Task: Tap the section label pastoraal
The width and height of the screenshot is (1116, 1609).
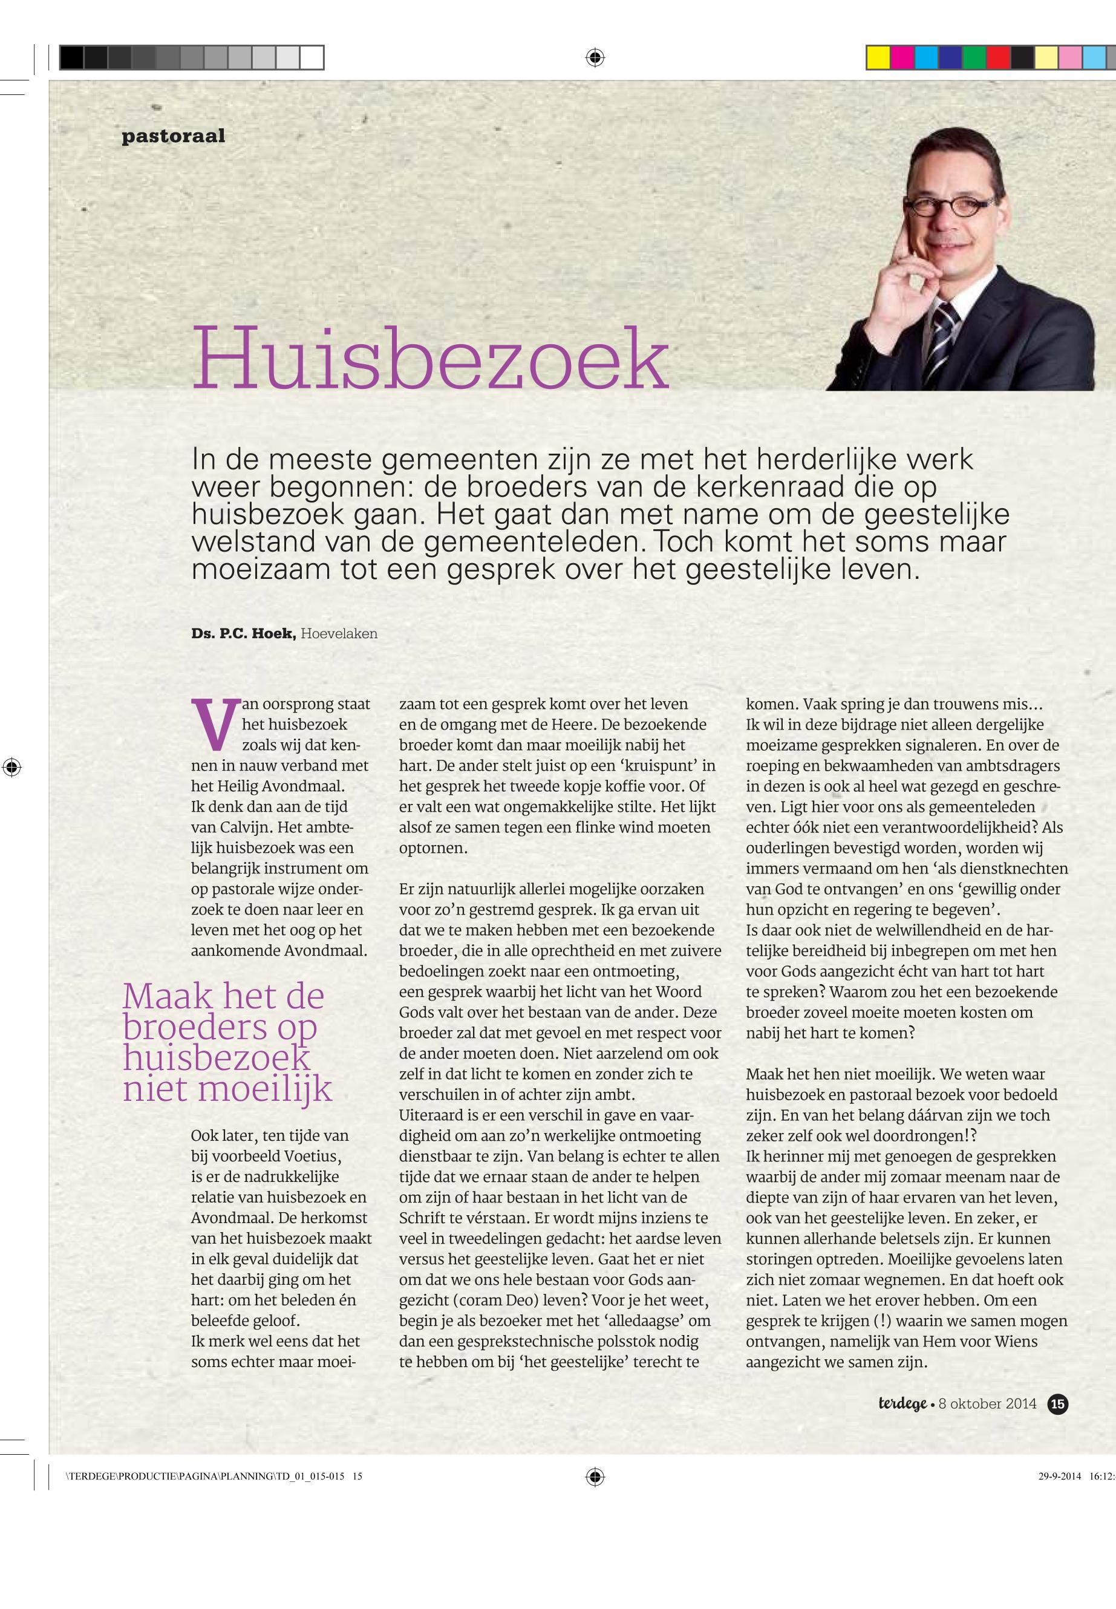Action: point(174,135)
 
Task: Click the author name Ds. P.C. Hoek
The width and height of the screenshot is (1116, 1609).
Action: point(243,635)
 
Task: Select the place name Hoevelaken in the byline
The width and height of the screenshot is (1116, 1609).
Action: point(339,635)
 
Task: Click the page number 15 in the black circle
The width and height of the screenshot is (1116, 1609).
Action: point(1058,1403)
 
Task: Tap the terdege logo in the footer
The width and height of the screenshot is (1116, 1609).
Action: point(902,1403)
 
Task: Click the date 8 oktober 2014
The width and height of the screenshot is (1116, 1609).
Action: point(987,1403)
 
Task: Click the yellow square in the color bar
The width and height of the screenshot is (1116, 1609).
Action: point(878,57)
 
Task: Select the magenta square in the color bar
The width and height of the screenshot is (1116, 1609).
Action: point(902,57)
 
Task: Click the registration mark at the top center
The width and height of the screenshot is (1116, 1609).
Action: point(595,57)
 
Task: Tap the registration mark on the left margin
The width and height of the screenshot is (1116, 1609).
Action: point(12,767)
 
